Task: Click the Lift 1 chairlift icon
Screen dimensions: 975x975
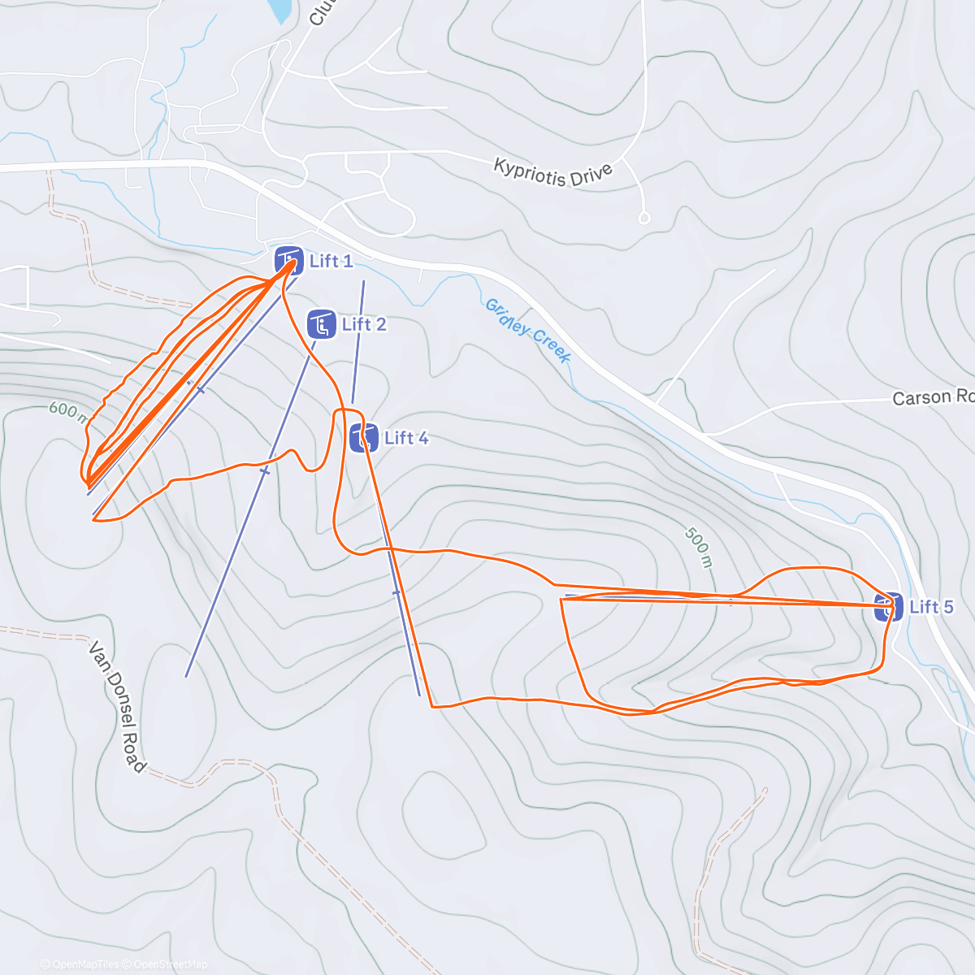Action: click(288, 261)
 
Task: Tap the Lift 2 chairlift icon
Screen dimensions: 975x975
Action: click(322, 324)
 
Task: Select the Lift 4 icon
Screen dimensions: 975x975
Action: click(364, 438)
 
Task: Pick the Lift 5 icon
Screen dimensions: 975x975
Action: click(888, 607)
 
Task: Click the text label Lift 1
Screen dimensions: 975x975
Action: click(331, 261)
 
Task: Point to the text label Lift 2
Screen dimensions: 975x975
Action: click(364, 324)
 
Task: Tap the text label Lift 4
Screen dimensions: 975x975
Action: click(406, 438)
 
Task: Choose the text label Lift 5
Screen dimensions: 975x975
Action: click(931, 607)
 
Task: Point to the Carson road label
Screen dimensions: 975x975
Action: click(932, 397)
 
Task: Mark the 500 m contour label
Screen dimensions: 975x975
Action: click(698, 547)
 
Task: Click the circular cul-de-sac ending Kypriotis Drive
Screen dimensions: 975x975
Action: click(644, 218)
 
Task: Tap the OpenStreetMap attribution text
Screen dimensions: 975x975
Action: click(169, 964)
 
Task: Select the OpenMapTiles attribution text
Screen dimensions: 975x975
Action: click(84, 964)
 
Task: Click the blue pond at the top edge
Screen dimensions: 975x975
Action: click(280, 10)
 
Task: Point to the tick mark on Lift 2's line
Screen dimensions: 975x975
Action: click(264, 470)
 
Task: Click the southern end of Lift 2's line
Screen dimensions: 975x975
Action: click(186, 676)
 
